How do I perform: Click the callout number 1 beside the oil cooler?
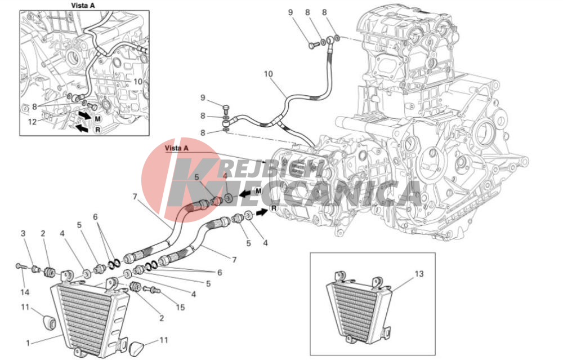(x=28, y=344)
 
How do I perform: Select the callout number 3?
(x=23, y=233)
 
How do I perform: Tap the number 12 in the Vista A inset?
(x=32, y=122)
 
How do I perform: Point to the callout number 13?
(x=419, y=274)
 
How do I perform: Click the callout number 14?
(x=24, y=292)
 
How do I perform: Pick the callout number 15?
(x=180, y=307)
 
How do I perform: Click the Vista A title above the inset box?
(x=83, y=6)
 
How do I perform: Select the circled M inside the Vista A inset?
(x=97, y=118)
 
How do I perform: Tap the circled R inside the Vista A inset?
(x=97, y=130)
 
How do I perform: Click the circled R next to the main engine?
(x=274, y=208)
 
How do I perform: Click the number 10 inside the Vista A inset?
(x=138, y=82)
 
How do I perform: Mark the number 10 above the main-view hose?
(x=268, y=74)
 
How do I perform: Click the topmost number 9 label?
(x=291, y=12)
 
